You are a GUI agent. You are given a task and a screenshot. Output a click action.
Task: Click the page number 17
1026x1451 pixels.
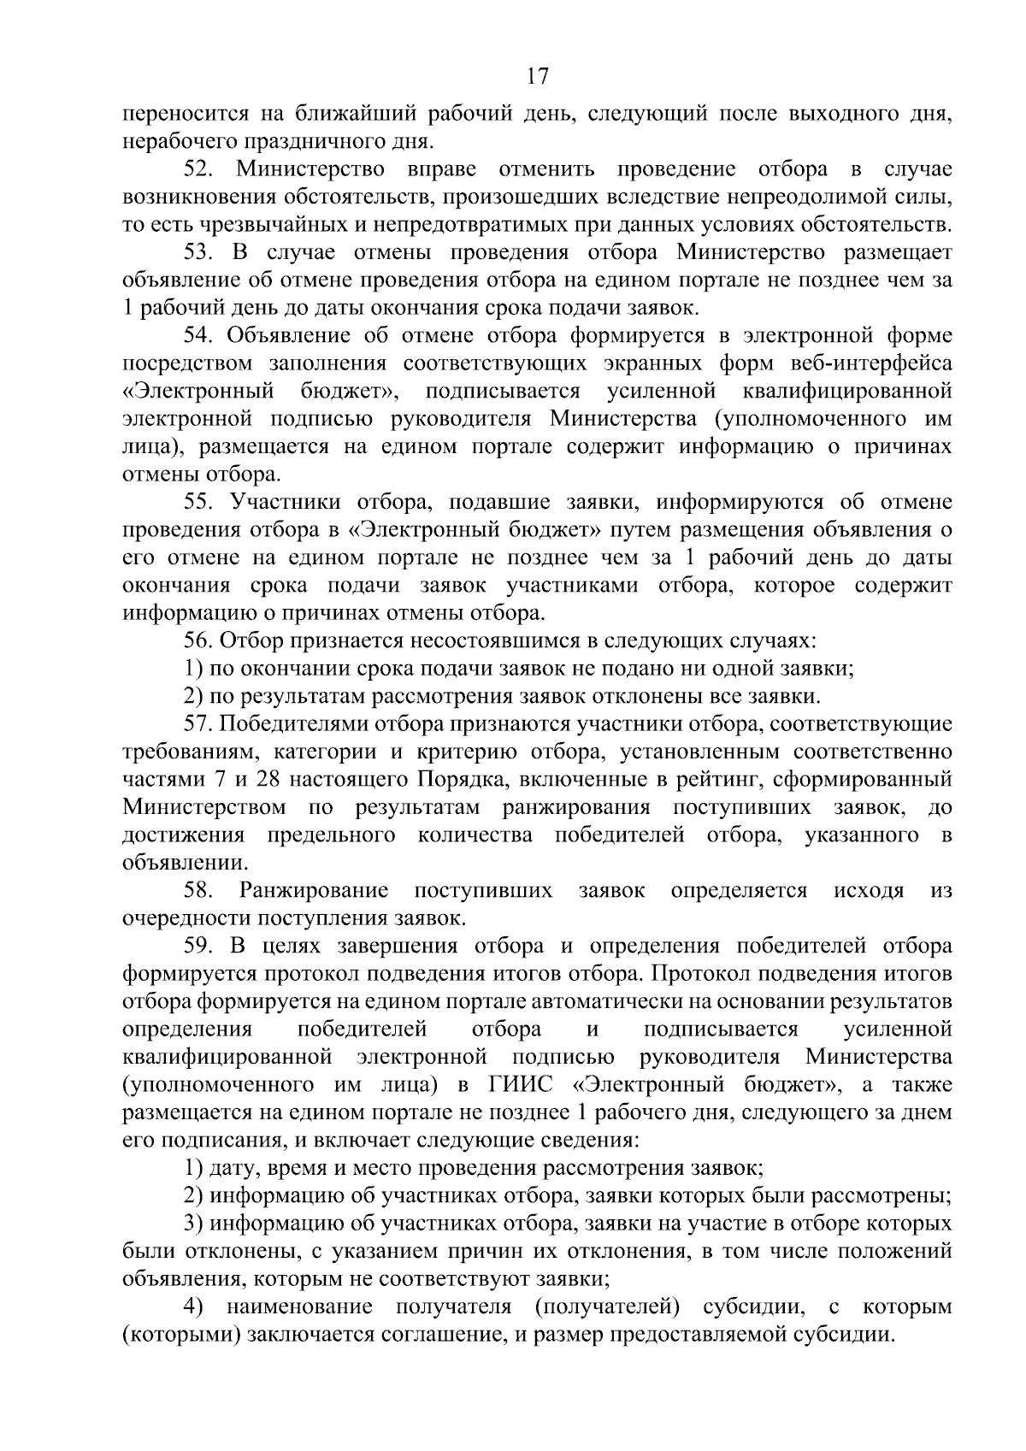click(537, 76)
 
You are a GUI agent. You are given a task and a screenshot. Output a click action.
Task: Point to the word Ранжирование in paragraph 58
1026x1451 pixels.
click(314, 890)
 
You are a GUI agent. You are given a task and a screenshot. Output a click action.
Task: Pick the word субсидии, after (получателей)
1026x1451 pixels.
click(753, 1307)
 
